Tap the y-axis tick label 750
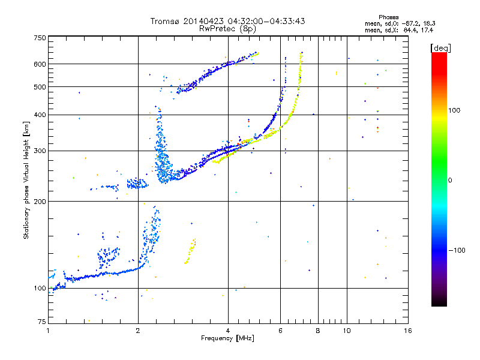tap(40, 38)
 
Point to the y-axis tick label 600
tap(40, 64)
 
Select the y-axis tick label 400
tap(40, 115)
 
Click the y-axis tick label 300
tap(40, 151)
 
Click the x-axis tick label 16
tap(407, 331)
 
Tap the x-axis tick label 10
tap(346, 331)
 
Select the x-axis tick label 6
tap(280, 331)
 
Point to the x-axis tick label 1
tap(48, 331)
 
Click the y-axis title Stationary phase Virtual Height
tap(26, 180)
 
